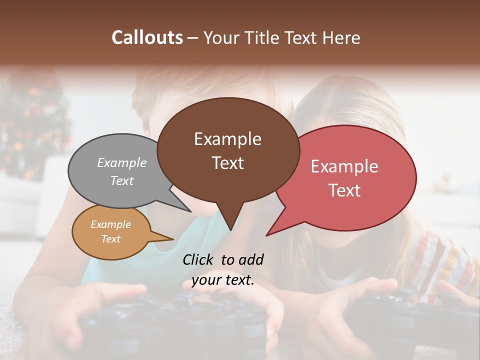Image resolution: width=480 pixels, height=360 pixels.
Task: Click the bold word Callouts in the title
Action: tap(147, 37)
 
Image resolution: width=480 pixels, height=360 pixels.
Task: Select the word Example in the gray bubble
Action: tap(121, 163)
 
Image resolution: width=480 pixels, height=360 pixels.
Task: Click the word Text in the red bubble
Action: tap(344, 190)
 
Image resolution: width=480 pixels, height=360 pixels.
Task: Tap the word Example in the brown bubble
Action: tap(227, 139)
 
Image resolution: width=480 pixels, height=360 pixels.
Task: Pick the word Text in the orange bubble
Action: tap(110, 239)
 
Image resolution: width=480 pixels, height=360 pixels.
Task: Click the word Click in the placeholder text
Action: tap(198, 259)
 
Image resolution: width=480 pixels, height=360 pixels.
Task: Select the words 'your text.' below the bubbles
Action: tap(222, 280)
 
